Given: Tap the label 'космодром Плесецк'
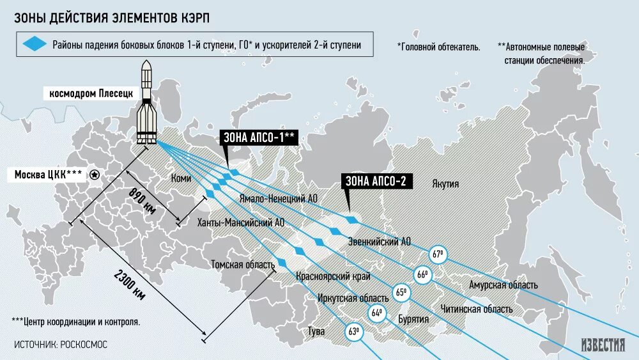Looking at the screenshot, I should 91,94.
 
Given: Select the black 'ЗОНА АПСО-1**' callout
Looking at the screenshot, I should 259,137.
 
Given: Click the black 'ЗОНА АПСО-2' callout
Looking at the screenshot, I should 376,181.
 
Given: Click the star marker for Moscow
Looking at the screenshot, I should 95,175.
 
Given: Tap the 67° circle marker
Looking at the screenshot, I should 438,254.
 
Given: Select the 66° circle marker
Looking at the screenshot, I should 422,275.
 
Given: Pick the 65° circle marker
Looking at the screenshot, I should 401,293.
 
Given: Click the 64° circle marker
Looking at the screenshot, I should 377,313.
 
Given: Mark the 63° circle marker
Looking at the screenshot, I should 354,332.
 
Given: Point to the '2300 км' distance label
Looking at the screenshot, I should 130,283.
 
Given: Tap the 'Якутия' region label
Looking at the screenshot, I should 445,184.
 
